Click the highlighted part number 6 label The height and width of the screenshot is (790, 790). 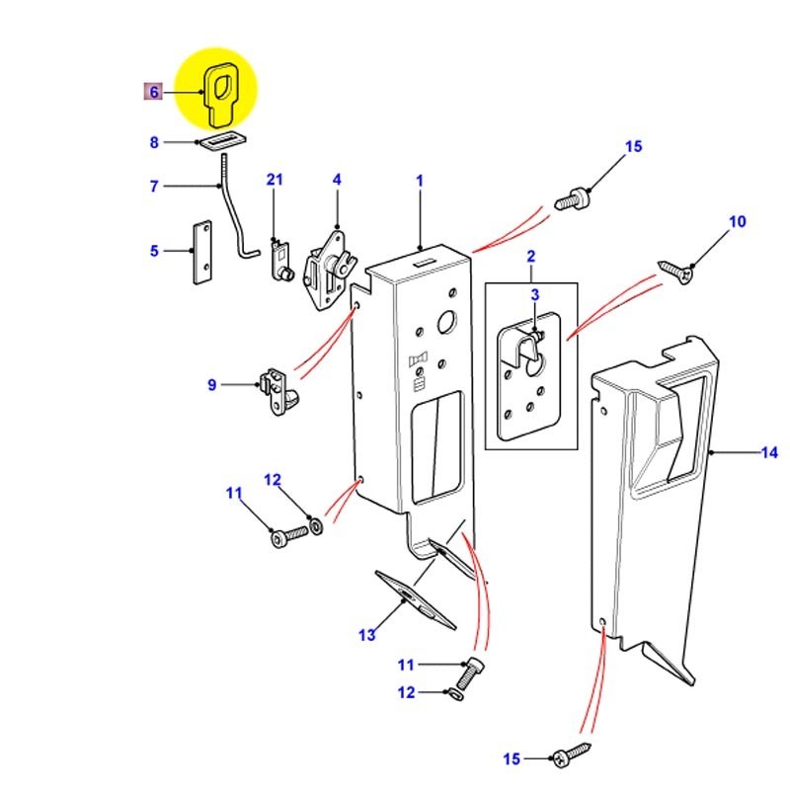pyautogui.click(x=153, y=92)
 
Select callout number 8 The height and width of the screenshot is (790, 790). pyautogui.click(x=154, y=143)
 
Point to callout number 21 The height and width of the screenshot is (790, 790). pyautogui.click(x=275, y=179)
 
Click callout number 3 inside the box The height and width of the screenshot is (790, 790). pyautogui.click(x=535, y=295)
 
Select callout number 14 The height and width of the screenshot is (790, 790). pyautogui.click(x=769, y=453)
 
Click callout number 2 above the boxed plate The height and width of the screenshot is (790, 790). pyautogui.click(x=530, y=258)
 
